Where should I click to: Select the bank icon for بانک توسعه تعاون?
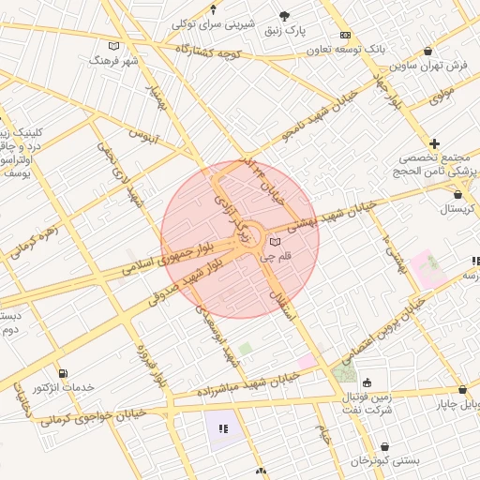tap(345, 34)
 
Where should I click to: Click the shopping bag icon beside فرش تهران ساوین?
tap(428, 52)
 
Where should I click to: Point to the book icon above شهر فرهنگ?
tap(114, 46)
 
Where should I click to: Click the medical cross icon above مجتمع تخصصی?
tap(434, 143)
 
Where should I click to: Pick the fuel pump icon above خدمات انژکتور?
tap(63, 373)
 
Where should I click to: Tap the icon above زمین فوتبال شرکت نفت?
tap(367, 382)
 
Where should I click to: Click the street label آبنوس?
tap(143, 136)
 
